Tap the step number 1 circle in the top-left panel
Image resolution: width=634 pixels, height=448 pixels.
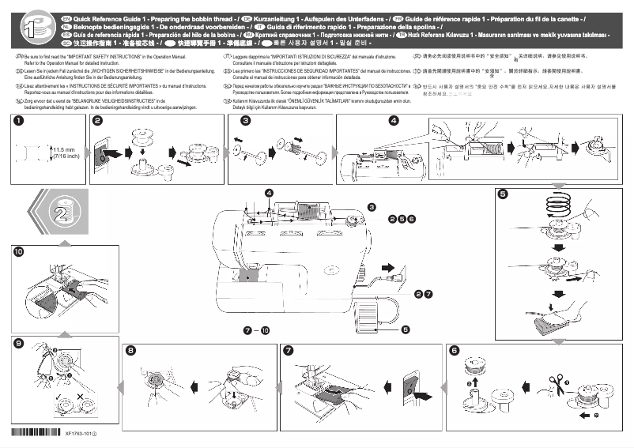[17, 121]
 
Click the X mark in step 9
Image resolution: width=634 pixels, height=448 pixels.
[81, 395]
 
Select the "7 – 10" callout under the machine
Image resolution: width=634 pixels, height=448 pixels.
[256, 328]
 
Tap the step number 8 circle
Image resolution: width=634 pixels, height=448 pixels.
[130, 350]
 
